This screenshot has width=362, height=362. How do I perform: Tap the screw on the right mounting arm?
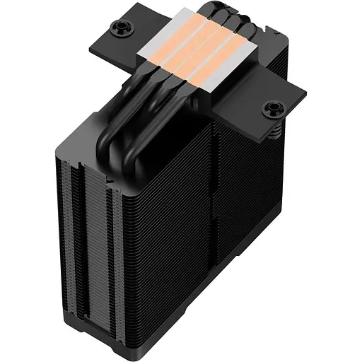271,109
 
